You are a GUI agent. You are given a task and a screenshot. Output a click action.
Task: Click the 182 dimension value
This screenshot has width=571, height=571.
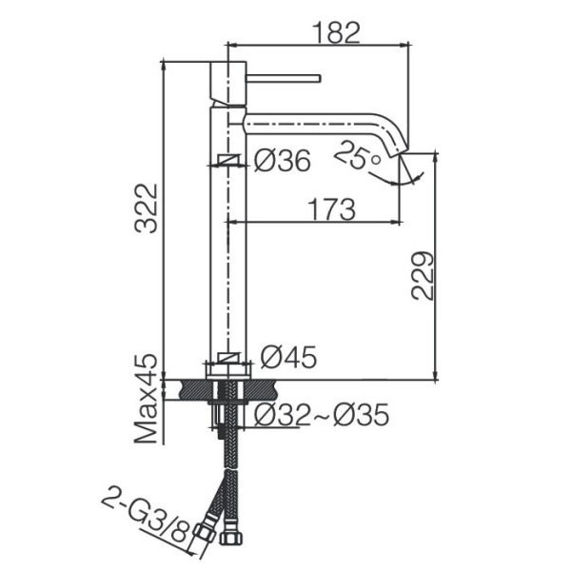click(x=336, y=32)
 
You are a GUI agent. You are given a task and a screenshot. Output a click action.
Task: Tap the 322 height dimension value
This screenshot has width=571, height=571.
click(x=146, y=208)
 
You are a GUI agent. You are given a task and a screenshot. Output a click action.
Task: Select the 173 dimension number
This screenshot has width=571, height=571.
click(x=331, y=209)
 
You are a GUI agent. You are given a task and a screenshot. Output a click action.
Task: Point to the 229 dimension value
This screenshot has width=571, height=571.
click(x=423, y=276)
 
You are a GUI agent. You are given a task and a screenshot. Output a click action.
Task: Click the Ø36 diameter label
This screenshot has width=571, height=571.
click(x=283, y=161)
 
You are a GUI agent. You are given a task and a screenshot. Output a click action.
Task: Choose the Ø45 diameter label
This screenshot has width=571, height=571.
click(x=288, y=357)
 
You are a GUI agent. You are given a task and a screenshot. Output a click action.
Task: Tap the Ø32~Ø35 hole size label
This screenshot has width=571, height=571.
click(x=322, y=415)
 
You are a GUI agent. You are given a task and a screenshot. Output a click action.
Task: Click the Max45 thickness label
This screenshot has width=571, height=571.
click(x=146, y=399)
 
